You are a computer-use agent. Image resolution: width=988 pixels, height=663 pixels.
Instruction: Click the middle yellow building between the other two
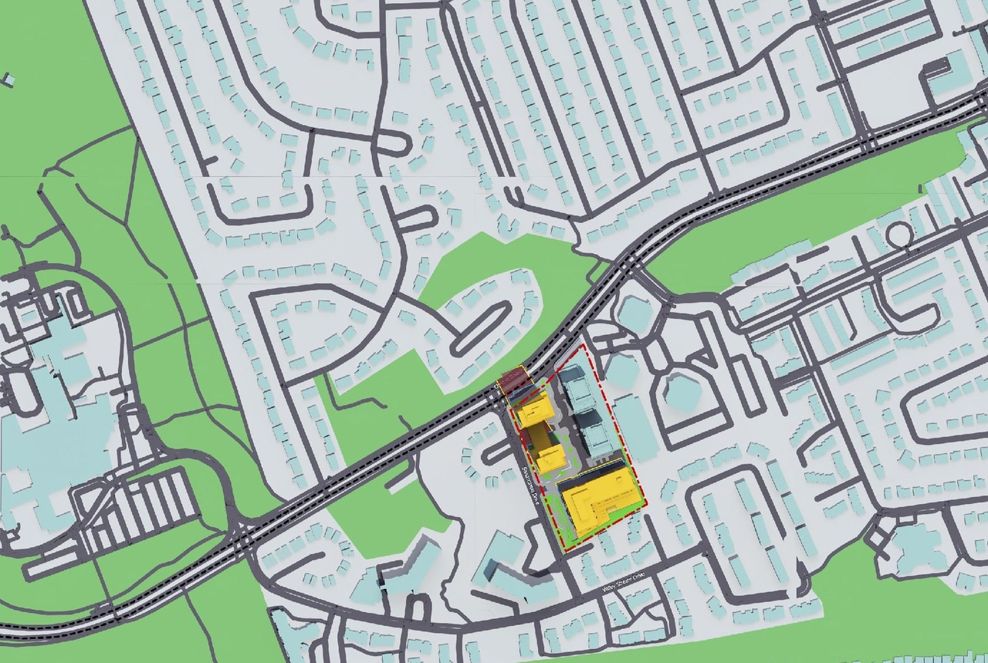[551, 456]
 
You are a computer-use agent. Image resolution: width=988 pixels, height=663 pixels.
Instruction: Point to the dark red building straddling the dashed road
[514, 381]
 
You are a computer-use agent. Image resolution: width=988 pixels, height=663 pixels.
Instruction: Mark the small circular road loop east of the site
[898, 234]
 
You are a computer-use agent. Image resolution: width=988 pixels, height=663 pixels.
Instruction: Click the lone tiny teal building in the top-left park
[8, 79]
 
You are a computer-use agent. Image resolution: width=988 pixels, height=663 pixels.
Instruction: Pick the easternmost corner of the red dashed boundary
[646, 506]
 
